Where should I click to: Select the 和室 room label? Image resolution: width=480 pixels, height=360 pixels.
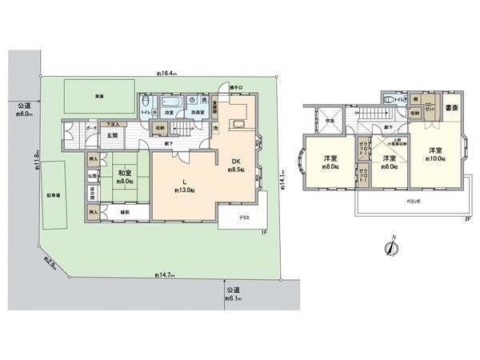pyautogui.click(x=124, y=172)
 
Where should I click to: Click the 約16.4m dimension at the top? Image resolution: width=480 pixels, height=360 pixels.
pyautogui.click(x=167, y=74)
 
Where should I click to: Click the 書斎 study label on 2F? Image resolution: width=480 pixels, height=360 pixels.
pyautogui.click(x=451, y=108)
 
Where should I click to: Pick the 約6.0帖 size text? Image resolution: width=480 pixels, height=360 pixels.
pyautogui.click(x=389, y=168)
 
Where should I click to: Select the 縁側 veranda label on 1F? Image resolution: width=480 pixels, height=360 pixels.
pyautogui.click(x=126, y=212)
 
